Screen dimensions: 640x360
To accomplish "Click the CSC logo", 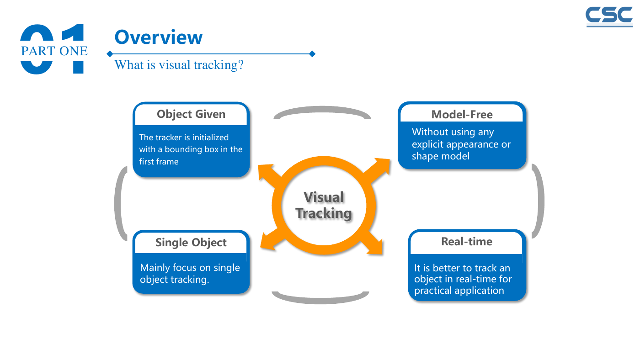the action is coord(609,17).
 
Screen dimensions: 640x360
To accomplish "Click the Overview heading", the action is coord(159,37).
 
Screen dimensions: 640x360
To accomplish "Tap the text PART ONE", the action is coord(54,51).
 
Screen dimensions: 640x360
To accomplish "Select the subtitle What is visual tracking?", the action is coord(179,65).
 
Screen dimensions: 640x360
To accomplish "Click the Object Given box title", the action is coord(191,114).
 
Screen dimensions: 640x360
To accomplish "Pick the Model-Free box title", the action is coord(462,115).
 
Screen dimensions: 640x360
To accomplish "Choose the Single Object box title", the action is coord(191,243).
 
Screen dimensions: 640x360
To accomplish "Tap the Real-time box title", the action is coord(467,242).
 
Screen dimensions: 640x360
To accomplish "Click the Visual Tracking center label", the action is coord(324,205).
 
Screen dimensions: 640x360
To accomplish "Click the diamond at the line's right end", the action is coord(312,53).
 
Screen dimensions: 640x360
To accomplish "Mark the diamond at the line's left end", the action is coord(110,53).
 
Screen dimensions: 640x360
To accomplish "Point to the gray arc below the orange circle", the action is coord(320,300).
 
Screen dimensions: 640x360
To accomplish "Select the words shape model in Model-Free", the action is coord(441,156).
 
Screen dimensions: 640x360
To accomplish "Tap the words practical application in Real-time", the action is coord(459,291).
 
